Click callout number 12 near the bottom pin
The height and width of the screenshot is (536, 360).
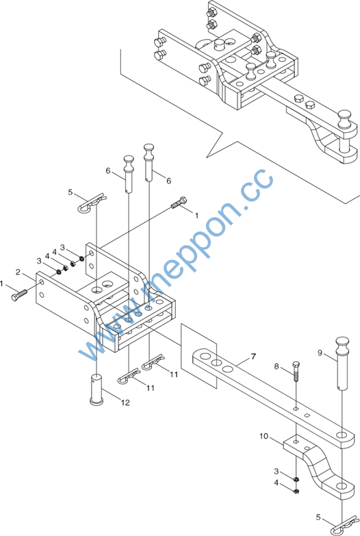[125, 403]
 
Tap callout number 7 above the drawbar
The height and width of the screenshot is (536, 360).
[253, 357]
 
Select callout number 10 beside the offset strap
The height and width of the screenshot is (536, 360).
[264, 436]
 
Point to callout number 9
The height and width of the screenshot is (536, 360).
[320, 353]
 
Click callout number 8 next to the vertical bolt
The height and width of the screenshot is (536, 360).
[277, 366]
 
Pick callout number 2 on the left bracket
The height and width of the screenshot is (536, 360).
[18, 272]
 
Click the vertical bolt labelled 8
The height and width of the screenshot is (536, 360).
[296, 370]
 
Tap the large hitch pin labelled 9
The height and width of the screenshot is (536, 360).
[342, 362]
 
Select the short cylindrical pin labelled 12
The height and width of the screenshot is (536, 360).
[97, 390]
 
